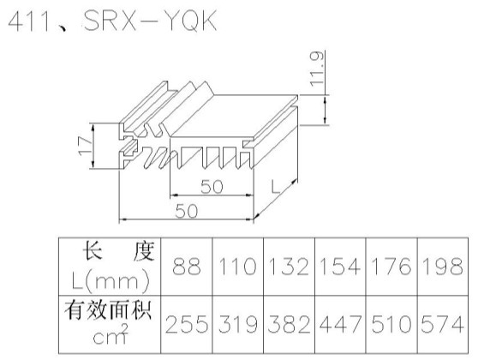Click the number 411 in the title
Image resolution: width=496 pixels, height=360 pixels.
coord(29,21)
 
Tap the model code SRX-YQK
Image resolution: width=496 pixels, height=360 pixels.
coord(150,21)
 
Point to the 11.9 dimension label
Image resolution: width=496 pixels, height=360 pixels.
coord(317,69)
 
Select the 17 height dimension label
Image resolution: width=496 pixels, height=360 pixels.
coord(85,146)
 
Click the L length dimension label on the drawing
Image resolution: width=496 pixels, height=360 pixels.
coord(275,187)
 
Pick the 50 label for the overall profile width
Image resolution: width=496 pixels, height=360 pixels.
coord(186,211)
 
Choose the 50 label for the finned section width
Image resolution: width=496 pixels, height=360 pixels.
coord(212,187)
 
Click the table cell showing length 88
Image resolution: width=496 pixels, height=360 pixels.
coord(186,267)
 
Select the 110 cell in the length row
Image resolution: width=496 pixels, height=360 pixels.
coord(238,267)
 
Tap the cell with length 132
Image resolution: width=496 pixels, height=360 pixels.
coord(290,267)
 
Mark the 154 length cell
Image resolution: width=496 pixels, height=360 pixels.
coord(340,267)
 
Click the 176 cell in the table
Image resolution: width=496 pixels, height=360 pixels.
coord(391,267)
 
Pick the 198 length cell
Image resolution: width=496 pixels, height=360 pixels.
coord(443,267)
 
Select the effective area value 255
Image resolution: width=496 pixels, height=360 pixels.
coord(186,324)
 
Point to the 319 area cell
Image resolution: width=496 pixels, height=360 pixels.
coord(238,324)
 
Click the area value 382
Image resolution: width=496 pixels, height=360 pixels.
coord(290,324)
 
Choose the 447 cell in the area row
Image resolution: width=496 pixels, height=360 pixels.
coord(340,324)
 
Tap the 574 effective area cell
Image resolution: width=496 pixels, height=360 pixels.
coord(443,324)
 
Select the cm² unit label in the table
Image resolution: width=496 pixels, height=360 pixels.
coord(111,335)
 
